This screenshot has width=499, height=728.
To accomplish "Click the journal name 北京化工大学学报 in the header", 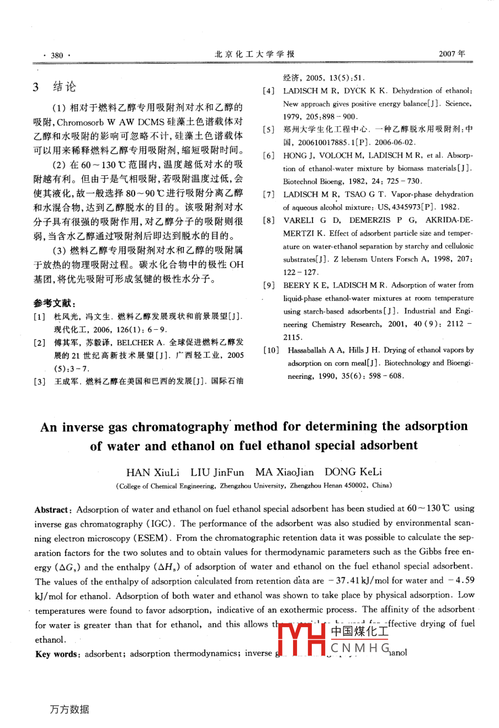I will point(254,54).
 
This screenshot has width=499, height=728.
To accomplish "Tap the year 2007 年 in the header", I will point(452,54).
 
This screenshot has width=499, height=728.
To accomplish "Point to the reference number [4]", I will point(268,90).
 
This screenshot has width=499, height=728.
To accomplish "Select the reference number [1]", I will point(39,317).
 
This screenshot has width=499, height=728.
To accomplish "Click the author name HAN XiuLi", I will point(153,472).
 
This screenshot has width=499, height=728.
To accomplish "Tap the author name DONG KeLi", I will point(353,472).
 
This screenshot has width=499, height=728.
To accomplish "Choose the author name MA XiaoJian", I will point(284,472).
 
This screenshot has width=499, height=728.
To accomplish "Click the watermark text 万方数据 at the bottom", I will point(69,709).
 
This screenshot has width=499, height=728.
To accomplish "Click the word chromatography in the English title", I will point(180,427).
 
